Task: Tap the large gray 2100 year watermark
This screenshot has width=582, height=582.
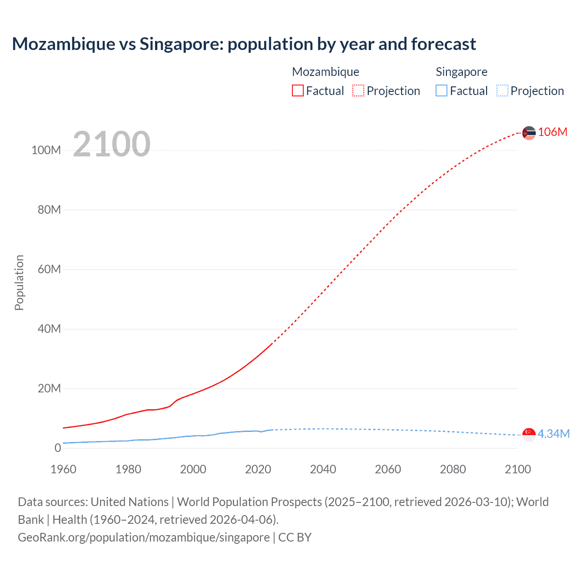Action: click(111, 144)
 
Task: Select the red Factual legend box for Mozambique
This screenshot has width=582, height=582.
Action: click(297, 90)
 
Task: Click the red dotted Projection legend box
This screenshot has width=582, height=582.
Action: click(358, 90)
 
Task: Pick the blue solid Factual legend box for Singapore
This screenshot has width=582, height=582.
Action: click(441, 90)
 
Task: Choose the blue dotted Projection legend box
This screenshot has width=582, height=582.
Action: click(502, 90)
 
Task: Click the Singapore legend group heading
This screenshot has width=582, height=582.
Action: click(461, 72)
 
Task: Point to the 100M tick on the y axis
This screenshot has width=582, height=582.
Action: click(46, 151)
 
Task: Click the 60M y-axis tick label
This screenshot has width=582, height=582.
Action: click(49, 269)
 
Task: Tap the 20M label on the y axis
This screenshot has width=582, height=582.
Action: click(49, 388)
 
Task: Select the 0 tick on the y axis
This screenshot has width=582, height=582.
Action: click(57, 448)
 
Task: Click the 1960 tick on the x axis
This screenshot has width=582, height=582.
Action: click(63, 469)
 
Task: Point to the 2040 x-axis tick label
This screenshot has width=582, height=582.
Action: click(323, 469)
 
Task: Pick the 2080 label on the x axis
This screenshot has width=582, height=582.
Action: click(453, 469)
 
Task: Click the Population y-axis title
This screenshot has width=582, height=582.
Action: click(19, 282)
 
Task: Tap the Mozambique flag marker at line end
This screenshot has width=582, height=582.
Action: click(529, 133)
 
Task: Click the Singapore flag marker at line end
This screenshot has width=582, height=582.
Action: click(529, 435)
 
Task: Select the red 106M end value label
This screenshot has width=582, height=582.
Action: click(552, 132)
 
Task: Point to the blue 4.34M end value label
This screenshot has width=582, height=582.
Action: click(553, 434)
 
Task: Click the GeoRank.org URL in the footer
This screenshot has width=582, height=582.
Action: click(144, 537)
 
